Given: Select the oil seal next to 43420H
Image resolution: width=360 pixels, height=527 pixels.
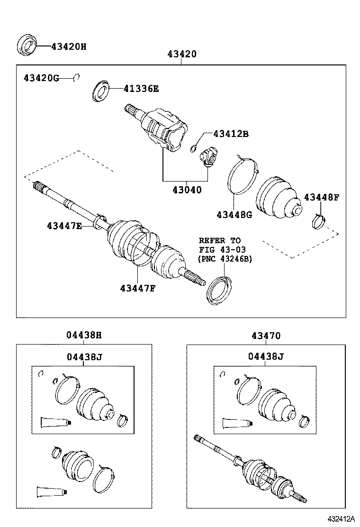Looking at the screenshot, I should coord(27,45).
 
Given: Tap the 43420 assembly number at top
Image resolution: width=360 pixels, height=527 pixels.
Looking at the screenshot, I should coord(181,55).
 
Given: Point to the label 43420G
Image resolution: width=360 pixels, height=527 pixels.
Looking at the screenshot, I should coord(41,78).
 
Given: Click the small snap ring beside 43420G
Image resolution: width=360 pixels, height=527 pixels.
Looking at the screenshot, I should coord(76,77).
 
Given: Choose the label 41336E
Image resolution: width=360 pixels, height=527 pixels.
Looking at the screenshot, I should coord(141,88).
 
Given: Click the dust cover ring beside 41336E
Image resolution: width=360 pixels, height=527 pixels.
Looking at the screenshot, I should coord(100,91).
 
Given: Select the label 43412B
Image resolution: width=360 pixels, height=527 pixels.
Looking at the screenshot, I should coord(230,134).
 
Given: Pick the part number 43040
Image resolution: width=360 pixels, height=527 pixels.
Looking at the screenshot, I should coord(187,190).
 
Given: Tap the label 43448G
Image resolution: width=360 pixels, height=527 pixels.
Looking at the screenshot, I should coord(234,215).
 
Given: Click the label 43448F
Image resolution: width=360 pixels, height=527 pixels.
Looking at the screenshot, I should coord(322,197).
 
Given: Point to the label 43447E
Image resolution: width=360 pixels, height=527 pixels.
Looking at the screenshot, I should coord(64,226).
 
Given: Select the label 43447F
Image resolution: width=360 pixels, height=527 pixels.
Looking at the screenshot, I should coord(137,288).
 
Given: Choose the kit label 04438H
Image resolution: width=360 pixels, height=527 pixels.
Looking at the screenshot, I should coord(84,336).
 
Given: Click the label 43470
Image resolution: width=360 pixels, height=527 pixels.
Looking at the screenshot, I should coord(266,336).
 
